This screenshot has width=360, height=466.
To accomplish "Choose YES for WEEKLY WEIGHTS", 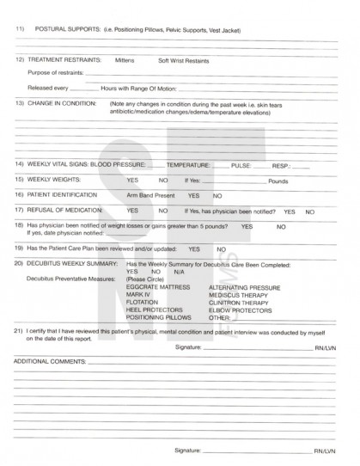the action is pyautogui.click(x=133, y=181).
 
